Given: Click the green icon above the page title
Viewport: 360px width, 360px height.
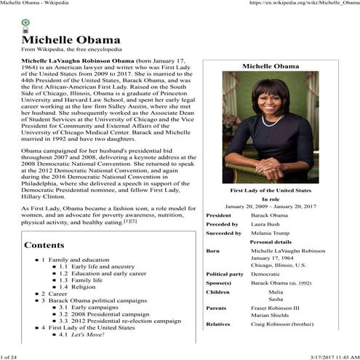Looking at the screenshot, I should point(25,23).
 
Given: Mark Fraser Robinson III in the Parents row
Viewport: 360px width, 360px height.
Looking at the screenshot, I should point(276,308).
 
